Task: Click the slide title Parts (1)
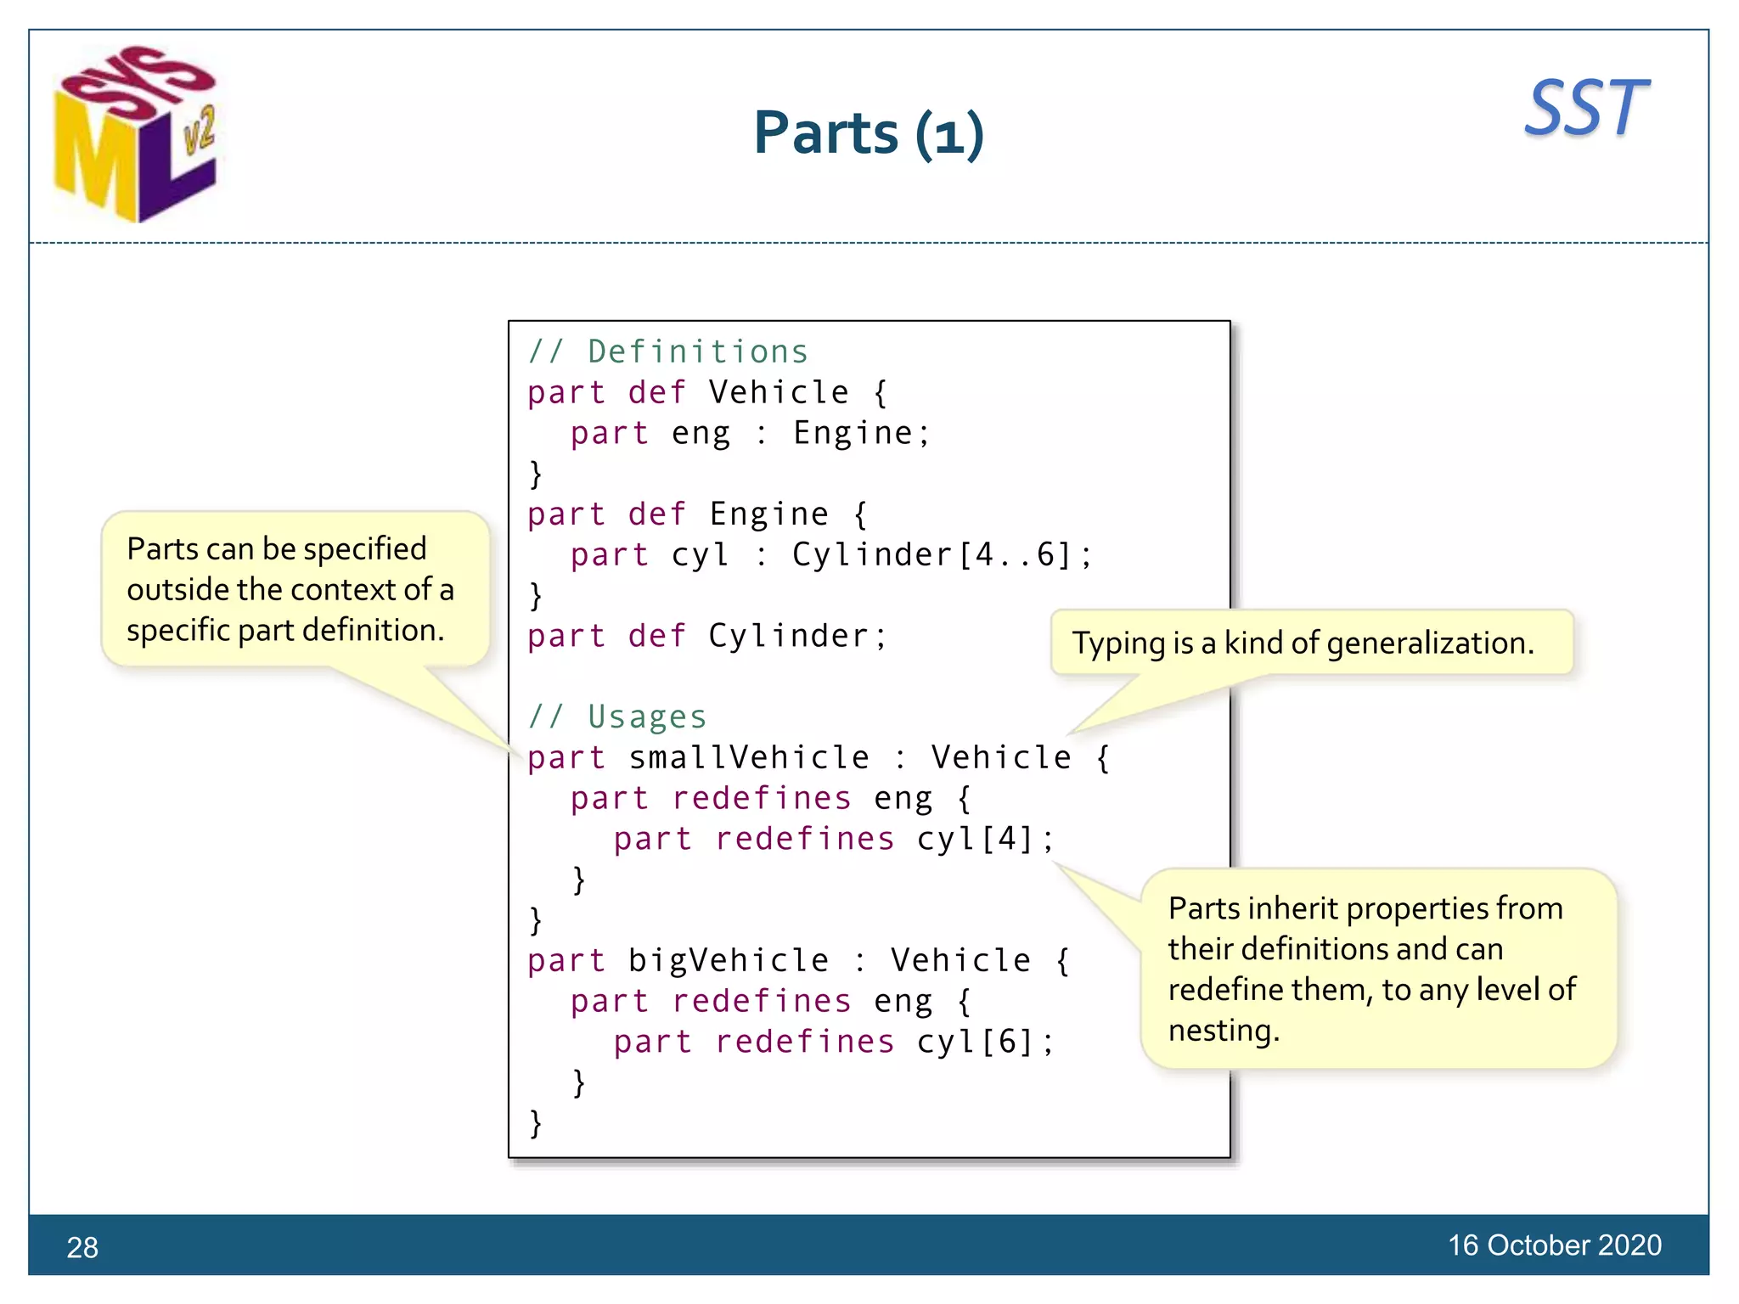pyautogui.click(x=868, y=134)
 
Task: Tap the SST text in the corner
pyautogui.click(x=1585, y=109)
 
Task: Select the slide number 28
pyautogui.click(x=82, y=1247)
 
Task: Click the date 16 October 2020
pyautogui.click(x=1554, y=1245)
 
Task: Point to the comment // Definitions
pyautogui.click(x=668, y=351)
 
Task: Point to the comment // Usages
pyautogui.click(x=617, y=717)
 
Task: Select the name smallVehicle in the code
pyautogui.click(x=749, y=757)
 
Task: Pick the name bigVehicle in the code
pyautogui.click(x=729, y=960)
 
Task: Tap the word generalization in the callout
pyautogui.click(x=1430, y=644)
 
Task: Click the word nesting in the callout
pyautogui.click(x=1222, y=1030)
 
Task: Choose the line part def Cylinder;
pyautogui.click(x=706, y=636)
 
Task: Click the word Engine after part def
pyautogui.click(x=768, y=514)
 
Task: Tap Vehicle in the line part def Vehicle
pyautogui.click(x=779, y=392)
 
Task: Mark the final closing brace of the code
pyautogui.click(x=535, y=1122)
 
